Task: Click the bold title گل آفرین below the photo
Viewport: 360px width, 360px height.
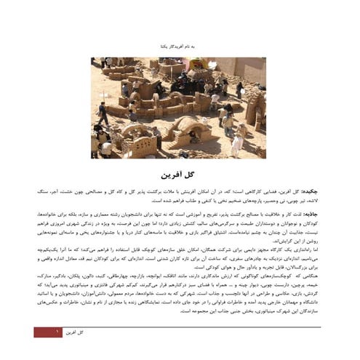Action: click(x=180, y=175)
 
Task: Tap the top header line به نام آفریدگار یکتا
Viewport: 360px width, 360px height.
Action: click(x=180, y=45)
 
